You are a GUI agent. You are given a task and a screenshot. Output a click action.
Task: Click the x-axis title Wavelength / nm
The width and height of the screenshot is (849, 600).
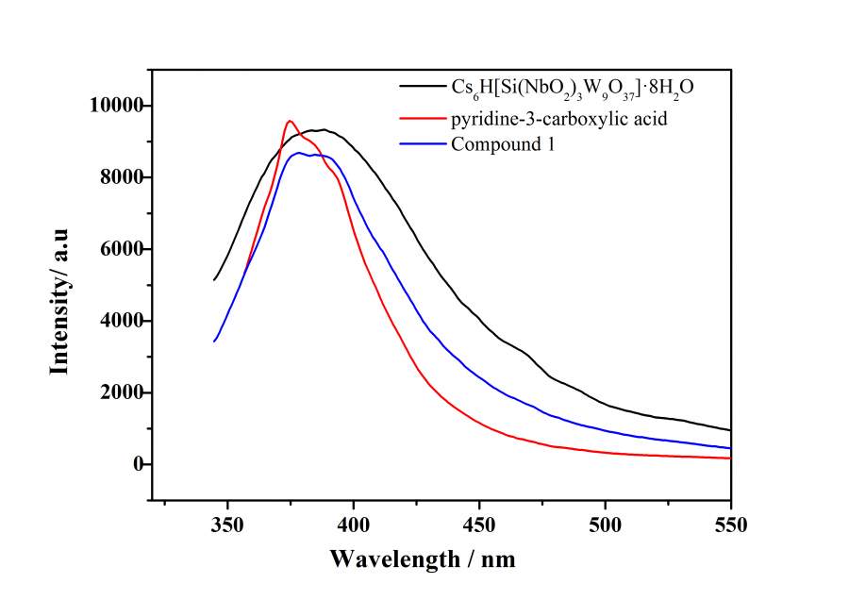[x=423, y=558]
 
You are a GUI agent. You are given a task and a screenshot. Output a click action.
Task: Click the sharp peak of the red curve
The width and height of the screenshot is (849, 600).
[x=290, y=121]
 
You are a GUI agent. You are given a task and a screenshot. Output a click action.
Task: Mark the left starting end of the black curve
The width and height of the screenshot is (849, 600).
[x=214, y=280]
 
